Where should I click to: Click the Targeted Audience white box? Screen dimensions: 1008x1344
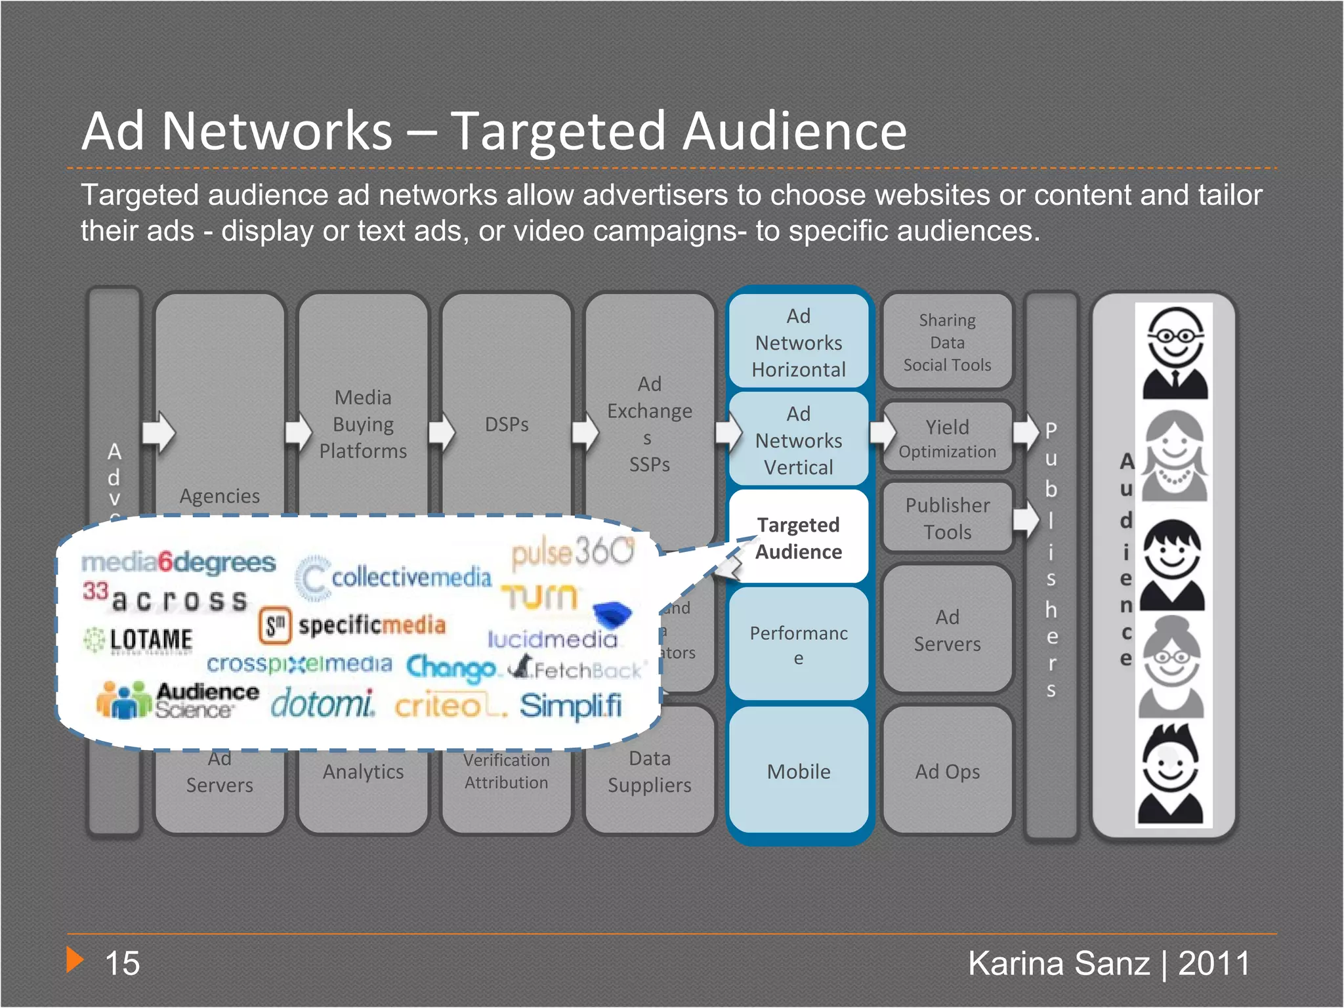(799, 537)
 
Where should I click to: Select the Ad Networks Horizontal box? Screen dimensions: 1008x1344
(799, 342)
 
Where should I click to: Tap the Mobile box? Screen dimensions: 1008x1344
(799, 771)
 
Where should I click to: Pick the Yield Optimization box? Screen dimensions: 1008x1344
(947, 438)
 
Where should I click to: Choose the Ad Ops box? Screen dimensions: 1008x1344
(947, 771)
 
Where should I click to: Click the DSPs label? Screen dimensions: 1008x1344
(506, 424)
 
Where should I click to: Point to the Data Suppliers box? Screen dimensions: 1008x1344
(649, 771)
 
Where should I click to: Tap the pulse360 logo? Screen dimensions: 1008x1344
(573, 552)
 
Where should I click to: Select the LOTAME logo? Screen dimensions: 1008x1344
(139, 639)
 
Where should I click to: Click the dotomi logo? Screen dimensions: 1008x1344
(322, 704)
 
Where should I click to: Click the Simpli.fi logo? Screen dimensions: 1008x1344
(570, 706)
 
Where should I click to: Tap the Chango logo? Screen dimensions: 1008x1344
(451, 668)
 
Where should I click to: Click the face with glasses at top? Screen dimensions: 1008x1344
(1175, 351)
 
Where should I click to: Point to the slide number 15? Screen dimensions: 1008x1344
(122, 963)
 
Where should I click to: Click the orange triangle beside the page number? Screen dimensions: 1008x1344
(75, 960)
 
